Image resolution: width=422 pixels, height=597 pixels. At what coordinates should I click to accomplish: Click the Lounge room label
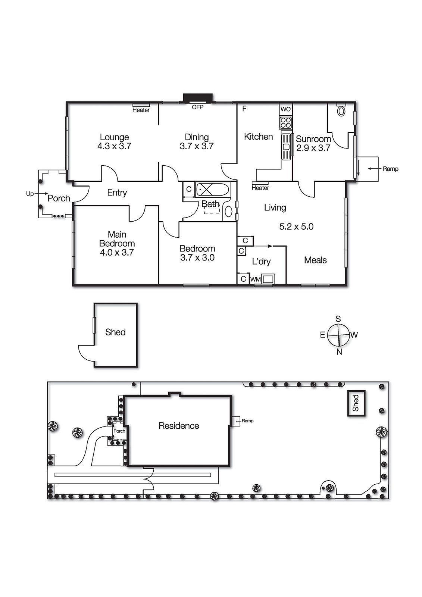tap(114, 137)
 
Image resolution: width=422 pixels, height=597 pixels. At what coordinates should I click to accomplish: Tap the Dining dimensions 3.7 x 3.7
tap(197, 146)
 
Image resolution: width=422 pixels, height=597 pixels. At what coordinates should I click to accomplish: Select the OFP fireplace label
tap(197, 107)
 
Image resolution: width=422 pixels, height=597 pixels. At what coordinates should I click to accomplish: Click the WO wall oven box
tap(285, 109)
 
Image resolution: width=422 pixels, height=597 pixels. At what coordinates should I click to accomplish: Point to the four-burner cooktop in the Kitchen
tap(286, 122)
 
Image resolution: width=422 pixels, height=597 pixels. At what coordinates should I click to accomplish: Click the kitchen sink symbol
tap(286, 146)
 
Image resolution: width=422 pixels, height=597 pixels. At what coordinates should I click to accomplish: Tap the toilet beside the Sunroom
tap(341, 111)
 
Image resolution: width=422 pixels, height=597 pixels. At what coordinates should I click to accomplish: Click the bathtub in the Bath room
tap(212, 190)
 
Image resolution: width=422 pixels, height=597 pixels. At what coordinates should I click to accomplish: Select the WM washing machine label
tap(255, 279)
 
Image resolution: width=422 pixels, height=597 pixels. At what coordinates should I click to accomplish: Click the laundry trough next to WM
tap(268, 279)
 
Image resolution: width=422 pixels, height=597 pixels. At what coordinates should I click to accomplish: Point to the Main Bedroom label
tap(117, 239)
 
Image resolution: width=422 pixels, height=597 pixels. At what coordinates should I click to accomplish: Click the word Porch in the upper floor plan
tap(59, 199)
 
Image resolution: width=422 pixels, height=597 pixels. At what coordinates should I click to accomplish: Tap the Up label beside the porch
tap(30, 194)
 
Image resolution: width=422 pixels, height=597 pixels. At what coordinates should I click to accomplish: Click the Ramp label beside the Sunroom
tap(390, 169)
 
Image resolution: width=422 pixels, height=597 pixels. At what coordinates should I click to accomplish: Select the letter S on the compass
tap(338, 319)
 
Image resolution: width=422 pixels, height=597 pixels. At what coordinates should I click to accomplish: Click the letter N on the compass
tap(339, 352)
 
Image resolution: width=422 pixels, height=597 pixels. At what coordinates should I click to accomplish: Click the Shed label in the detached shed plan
tap(115, 332)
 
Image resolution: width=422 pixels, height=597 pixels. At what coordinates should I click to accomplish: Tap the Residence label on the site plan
tap(179, 426)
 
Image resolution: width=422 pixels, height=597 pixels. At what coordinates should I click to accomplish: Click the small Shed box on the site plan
tap(356, 403)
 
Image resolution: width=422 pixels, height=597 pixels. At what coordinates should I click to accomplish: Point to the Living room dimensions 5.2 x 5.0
tap(296, 226)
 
